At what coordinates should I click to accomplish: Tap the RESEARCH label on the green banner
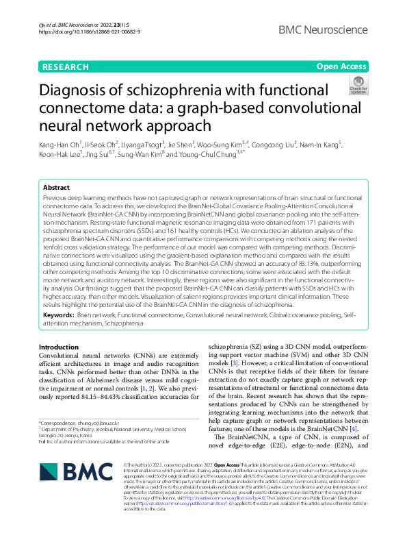click(x=65, y=66)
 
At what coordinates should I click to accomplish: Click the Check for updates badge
click(x=358, y=86)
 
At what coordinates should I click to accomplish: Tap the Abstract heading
click(x=56, y=187)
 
